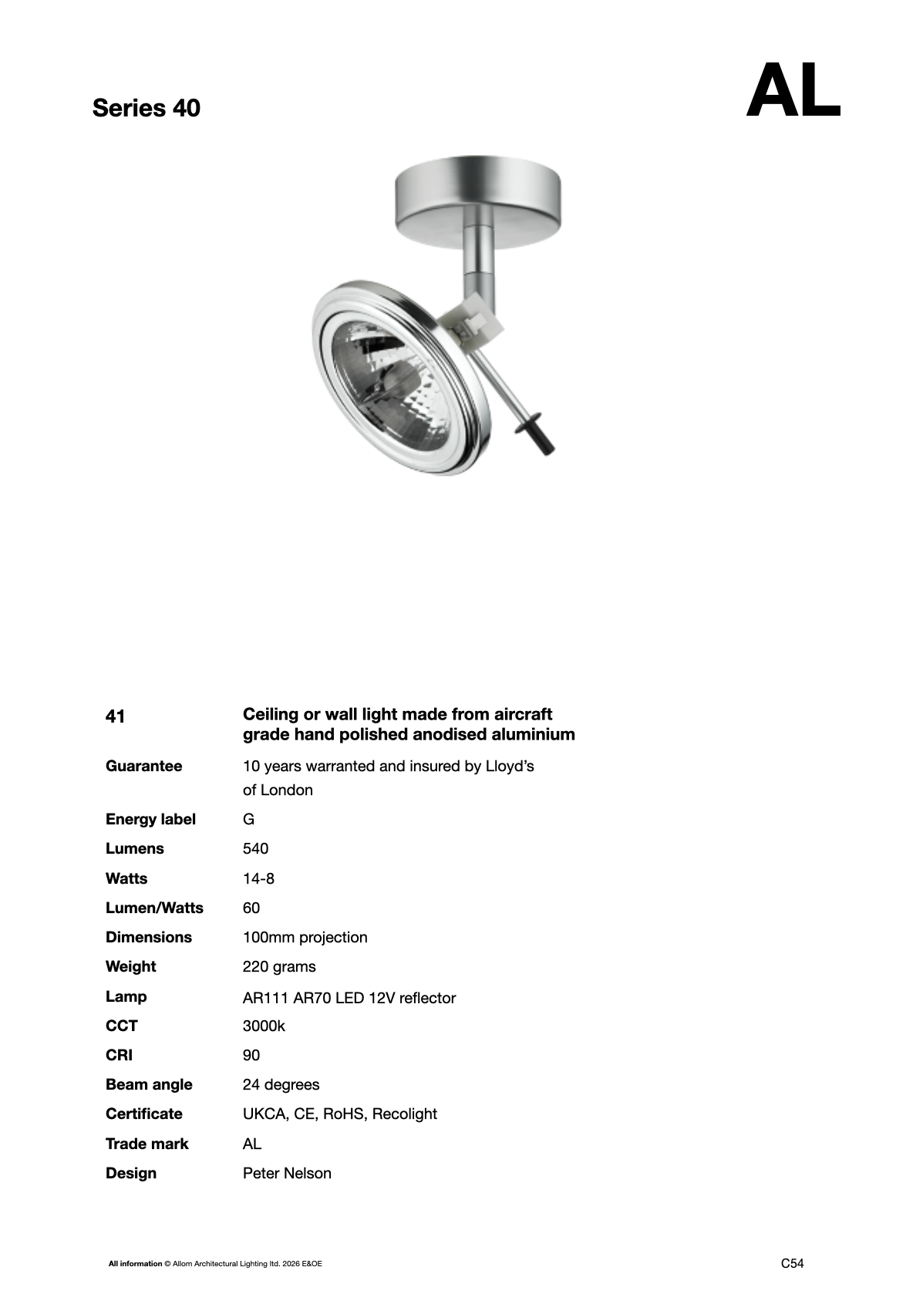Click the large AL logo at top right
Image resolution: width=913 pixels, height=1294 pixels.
pyautogui.click(x=793, y=92)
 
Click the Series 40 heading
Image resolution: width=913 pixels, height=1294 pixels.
pyautogui.click(x=146, y=108)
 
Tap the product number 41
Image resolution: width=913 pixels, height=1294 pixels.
pyautogui.click(x=115, y=716)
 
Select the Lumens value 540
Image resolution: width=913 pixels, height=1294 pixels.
pyautogui.click(x=255, y=849)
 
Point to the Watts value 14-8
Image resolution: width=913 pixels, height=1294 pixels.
pyautogui.click(x=258, y=878)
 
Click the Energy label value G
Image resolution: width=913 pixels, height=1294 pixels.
pyautogui.click(x=248, y=819)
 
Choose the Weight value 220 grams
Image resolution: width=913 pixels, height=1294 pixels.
pyautogui.click(x=279, y=966)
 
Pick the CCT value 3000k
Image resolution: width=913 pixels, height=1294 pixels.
pyautogui.click(x=264, y=1026)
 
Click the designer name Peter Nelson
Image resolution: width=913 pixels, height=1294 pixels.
pyautogui.click(x=287, y=1173)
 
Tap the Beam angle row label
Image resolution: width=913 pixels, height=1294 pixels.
pyautogui.click(x=149, y=1084)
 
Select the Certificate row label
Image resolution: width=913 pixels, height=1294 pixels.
pyautogui.click(x=144, y=1114)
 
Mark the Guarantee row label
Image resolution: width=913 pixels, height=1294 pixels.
pyautogui.click(x=144, y=766)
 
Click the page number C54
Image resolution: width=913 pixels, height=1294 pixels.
pyautogui.click(x=792, y=1263)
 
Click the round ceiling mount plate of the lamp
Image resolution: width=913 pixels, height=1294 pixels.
pyautogui.click(x=477, y=203)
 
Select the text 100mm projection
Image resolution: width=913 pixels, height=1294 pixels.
pyautogui.click(x=305, y=937)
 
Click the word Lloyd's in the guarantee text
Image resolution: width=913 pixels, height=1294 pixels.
pyautogui.click(x=509, y=766)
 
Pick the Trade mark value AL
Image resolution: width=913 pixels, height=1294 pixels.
pyautogui.click(x=252, y=1144)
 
